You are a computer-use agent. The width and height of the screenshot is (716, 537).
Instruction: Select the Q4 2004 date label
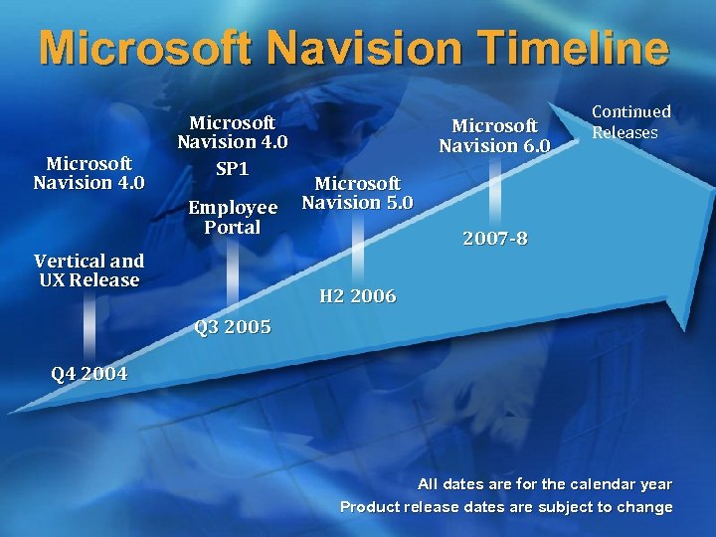coord(89,375)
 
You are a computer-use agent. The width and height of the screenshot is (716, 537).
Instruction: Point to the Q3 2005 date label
coord(233,327)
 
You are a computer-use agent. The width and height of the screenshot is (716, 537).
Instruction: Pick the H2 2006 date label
coord(357,296)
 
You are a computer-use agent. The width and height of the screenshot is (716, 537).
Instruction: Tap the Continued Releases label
coord(631,122)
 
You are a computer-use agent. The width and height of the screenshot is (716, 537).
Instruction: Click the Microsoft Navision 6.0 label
coord(494,135)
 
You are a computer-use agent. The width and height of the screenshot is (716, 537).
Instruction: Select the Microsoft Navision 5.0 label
coord(357,193)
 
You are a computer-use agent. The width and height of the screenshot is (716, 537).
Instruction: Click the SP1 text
coord(232,169)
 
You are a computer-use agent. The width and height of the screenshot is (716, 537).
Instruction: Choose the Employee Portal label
coord(233,217)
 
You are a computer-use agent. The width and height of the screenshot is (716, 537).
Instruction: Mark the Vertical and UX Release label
coord(89,270)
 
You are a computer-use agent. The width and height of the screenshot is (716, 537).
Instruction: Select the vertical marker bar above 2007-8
coord(494,194)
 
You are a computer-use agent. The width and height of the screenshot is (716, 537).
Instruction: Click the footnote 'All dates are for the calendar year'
coord(544,484)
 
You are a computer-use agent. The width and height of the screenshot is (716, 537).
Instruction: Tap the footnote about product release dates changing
coord(506,507)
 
